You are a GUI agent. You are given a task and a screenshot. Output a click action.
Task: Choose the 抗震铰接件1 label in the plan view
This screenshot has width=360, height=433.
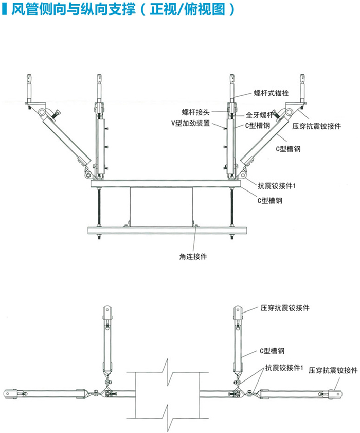pos(284,368)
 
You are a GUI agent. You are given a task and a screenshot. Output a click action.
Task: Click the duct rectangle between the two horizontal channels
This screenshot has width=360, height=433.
pos(160,205)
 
